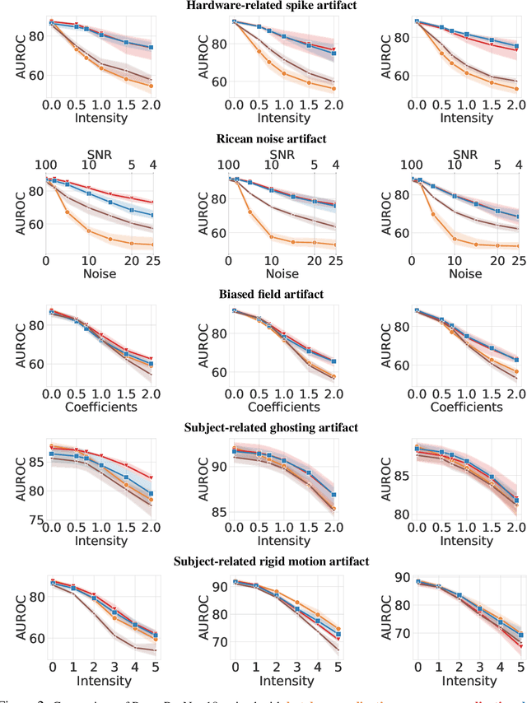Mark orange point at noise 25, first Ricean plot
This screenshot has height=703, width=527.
point(151,244)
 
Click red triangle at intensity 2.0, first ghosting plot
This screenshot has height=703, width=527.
point(151,477)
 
